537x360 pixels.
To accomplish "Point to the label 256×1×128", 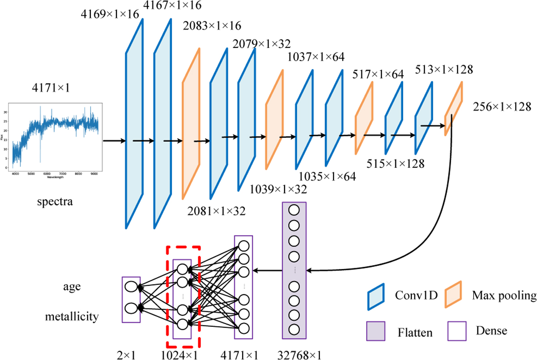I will point(502,108).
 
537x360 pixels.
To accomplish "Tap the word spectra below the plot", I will point(55,202).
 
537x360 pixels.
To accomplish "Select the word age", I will point(72,287).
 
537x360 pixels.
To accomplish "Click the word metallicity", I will point(72,317).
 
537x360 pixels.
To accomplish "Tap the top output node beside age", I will point(131,287).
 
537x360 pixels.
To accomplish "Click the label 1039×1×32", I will point(278,189).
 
